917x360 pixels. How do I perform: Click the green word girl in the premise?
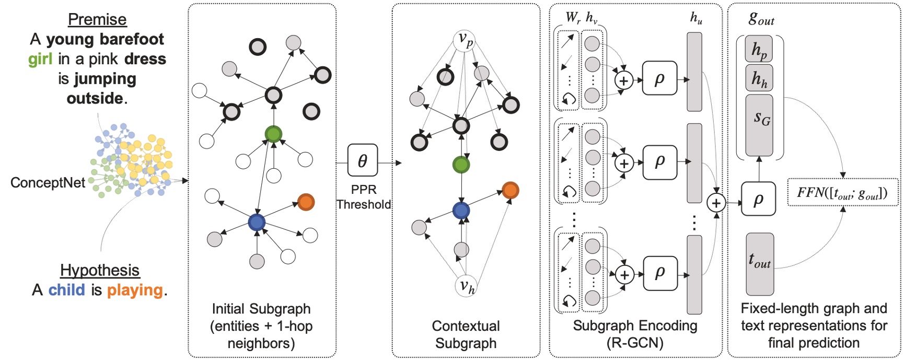pos(40,59)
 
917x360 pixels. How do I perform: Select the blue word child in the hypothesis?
pos(66,290)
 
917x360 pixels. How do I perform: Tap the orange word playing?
pos(135,290)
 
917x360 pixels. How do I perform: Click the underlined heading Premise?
pos(97,19)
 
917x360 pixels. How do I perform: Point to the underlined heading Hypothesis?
pos(100,270)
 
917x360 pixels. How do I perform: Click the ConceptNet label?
pos(48,182)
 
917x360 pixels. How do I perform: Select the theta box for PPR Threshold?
pos(362,161)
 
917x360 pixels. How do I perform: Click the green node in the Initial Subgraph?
pos(273,134)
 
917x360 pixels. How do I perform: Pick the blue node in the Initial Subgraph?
pos(257,222)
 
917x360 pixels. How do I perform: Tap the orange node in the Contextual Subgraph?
pos(510,190)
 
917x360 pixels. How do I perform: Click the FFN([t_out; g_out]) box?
pos(842,192)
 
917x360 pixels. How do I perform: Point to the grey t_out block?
pos(759,263)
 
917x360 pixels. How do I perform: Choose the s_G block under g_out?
pos(759,125)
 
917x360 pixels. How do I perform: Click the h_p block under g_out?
pos(759,50)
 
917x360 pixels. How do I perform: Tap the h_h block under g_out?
pos(759,78)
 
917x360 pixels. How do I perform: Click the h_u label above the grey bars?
pos(696,18)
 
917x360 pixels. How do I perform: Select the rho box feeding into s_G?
pos(758,199)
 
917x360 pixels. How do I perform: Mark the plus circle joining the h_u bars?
pos(716,203)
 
